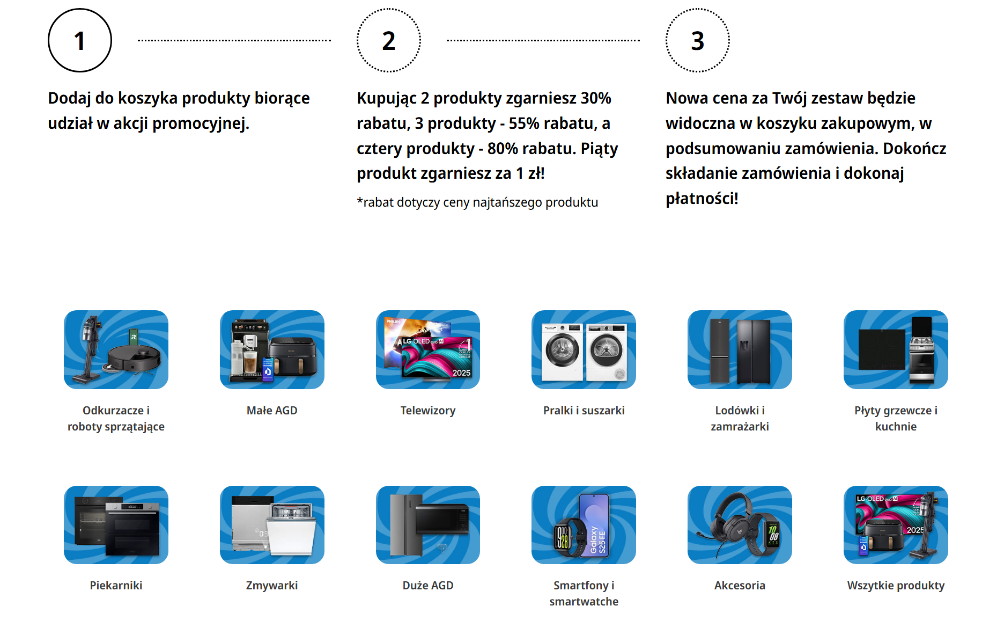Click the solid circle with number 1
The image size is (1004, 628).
pos(80,40)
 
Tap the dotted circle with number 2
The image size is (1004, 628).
pos(389,40)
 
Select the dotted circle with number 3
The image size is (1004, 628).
pos(697,40)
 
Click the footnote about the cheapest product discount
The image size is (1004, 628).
pos(477,202)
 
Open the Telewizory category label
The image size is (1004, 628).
pos(427,411)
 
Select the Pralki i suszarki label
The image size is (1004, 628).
pos(584,411)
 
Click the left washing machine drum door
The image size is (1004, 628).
pos(562,350)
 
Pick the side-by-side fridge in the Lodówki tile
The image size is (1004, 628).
pos(753,352)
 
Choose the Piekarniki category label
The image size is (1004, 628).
pos(116,586)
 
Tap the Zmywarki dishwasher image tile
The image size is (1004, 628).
pos(272,525)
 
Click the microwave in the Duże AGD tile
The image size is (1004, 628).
pos(442,520)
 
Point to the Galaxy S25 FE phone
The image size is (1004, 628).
pos(594,525)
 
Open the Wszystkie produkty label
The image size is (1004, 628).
pos(896,586)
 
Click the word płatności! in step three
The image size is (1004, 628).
pos(702,199)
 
